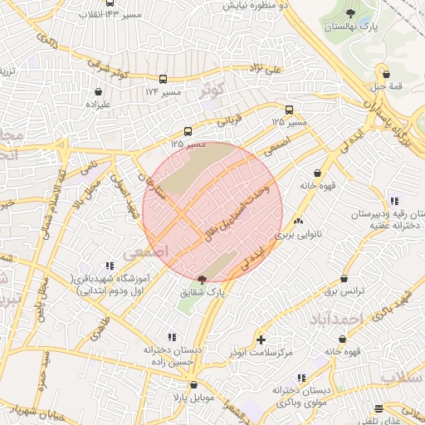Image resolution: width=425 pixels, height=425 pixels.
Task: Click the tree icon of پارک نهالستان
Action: pyautogui.click(x=350, y=13)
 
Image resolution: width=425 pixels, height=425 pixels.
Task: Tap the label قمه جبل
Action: pyautogui.click(x=384, y=86)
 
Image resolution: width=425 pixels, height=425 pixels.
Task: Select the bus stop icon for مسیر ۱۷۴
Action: pyautogui.click(x=164, y=80)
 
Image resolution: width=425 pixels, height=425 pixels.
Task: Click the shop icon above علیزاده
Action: pyautogui.click(x=99, y=91)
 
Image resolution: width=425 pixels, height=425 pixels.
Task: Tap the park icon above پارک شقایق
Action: pyautogui.click(x=203, y=280)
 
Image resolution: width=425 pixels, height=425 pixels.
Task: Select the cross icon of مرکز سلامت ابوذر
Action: pyautogui.click(x=261, y=340)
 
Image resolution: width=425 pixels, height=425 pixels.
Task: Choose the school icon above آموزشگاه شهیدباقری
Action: pyautogui.click(x=110, y=266)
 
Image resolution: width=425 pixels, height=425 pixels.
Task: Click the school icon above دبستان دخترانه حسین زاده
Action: pyautogui.click(x=172, y=337)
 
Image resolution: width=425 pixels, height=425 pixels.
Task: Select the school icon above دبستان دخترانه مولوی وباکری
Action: pyautogui.click(x=300, y=378)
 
